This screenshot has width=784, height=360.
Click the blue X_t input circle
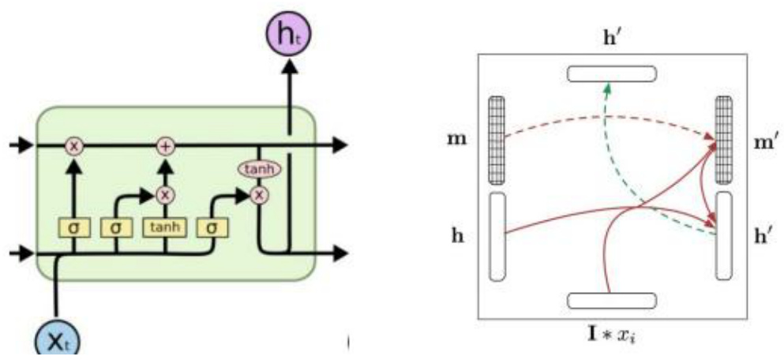[x=55, y=341]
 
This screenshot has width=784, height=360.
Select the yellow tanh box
[x=165, y=227]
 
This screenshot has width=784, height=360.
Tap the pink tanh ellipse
[x=259, y=170]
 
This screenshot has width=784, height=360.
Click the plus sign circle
[x=165, y=146]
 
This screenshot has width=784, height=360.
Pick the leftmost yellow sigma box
[x=74, y=227]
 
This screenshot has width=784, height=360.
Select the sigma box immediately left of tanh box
[x=117, y=227]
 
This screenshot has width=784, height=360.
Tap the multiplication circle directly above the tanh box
[x=165, y=194]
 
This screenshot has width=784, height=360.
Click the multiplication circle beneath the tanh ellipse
[x=258, y=194]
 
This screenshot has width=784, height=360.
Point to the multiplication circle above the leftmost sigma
[x=74, y=146]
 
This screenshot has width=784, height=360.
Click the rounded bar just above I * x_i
[x=612, y=300]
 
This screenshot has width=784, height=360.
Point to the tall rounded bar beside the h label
[x=497, y=236]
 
